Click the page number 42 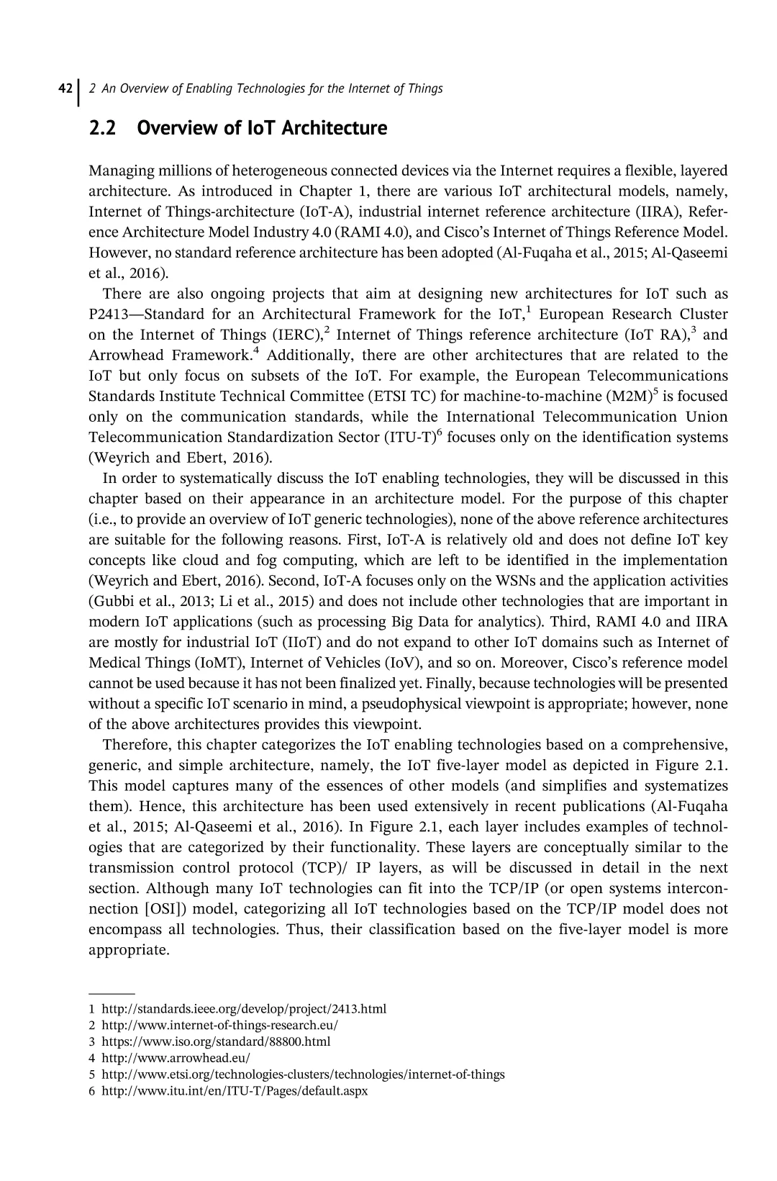(x=64, y=89)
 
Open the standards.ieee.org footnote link (x=244, y=1009)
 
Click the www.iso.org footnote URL (x=216, y=1041)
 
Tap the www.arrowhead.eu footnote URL (x=176, y=1058)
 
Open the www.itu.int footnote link (x=235, y=1091)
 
